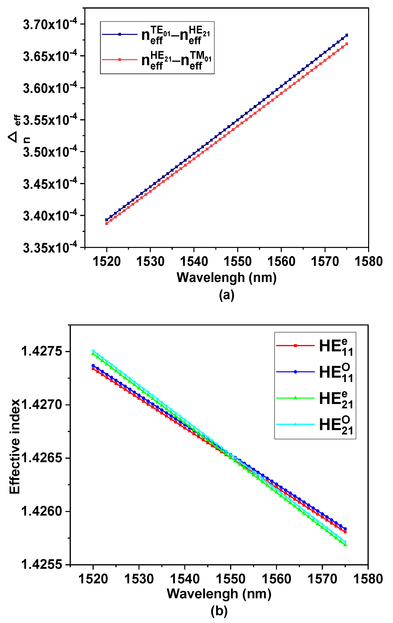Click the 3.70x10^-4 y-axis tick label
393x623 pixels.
pyautogui.click(x=50, y=25)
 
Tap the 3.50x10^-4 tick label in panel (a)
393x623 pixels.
pyautogui.click(x=50, y=152)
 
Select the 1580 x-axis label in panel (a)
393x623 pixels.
pyautogui.click(x=369, y=261)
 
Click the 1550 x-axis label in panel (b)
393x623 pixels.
pyautogui.click(x=230, y=579)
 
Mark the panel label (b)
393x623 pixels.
pyautogui.click(x=219, y=611)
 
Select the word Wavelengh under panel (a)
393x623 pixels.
pyautogui.click(x=211, y=278)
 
